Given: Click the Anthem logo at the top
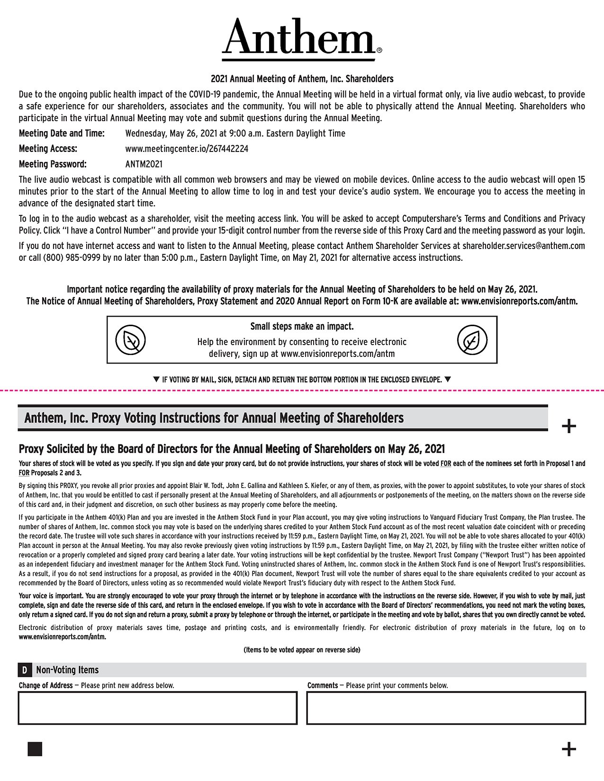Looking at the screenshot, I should [302, 38].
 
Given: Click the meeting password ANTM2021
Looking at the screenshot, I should [144, 164].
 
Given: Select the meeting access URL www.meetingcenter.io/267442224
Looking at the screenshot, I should [187, 149].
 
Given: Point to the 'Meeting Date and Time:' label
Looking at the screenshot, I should [62, 133].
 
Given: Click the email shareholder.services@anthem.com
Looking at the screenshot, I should [523, 246].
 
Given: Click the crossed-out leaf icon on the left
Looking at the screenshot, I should [130, 340].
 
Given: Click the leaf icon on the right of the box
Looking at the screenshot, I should [472, 340].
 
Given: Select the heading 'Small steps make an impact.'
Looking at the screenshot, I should [302, 327].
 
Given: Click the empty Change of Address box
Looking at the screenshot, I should [157, 708].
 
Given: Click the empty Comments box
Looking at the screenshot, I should [446, 708].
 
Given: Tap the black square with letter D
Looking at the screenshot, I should [24, 670].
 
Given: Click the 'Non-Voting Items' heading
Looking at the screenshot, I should [67, 670].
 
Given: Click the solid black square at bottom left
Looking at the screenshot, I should [35, 749].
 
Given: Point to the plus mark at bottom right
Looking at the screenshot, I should [568, 749].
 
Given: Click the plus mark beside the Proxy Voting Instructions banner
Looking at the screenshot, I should [568, 426].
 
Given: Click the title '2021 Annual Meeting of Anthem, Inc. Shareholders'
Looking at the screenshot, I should [302, 79].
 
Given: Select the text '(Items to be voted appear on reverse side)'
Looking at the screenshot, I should [302, 650].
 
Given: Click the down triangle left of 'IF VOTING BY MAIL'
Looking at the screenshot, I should [156, 379].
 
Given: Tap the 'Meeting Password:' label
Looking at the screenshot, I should [53, 164].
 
